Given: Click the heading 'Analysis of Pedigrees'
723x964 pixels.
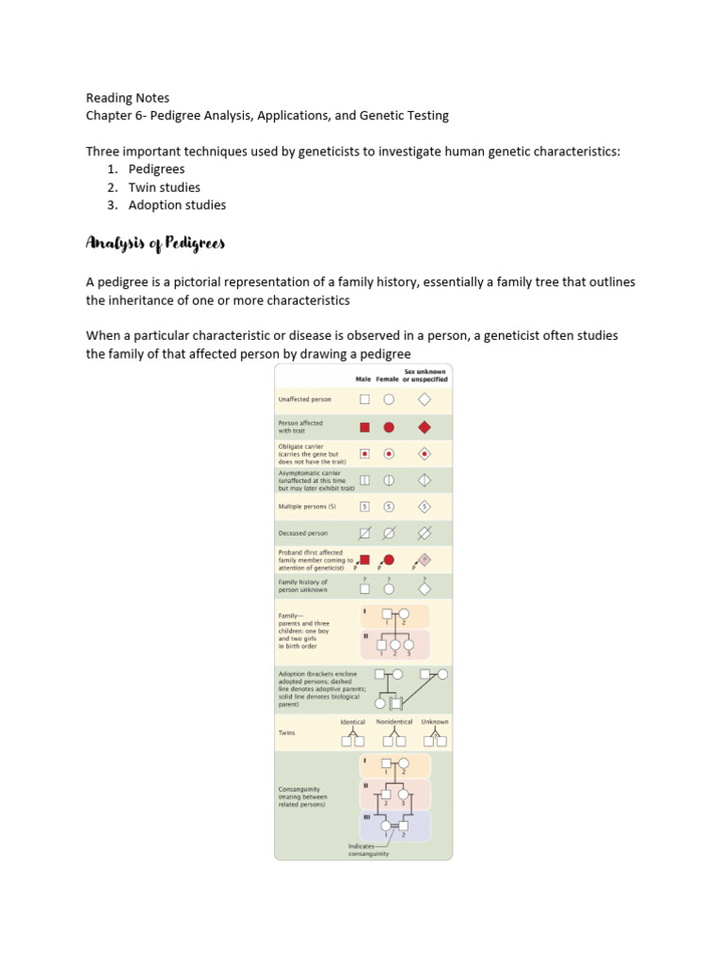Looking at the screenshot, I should tap(155, 244).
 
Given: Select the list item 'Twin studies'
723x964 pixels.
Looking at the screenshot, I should tap(165, 187).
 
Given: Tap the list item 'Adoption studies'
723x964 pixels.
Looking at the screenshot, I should tap(177, 205).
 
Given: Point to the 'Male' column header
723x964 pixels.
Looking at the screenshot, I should tap(363, 379).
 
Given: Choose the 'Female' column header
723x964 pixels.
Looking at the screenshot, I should tap(388, 379).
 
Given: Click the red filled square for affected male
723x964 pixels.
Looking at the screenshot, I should tap(364, 426).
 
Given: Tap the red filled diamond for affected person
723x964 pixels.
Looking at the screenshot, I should tap(425, 426).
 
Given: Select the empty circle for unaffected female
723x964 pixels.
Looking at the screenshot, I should tap(389, 399).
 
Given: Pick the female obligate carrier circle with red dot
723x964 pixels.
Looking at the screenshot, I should tap(389, 453).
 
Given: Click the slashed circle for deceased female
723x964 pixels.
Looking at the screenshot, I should tap(389, 533).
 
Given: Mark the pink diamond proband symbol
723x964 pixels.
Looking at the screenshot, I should tap(425, 559).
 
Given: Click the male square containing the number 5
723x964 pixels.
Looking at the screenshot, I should tap(364, 506).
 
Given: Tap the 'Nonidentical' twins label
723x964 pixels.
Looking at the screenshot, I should tap(394, 722).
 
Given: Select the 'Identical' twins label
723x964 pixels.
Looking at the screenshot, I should tap(353, 722).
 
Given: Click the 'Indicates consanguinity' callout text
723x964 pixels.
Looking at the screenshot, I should tap(368, 849).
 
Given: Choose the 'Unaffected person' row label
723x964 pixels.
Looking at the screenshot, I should tap(304, 399).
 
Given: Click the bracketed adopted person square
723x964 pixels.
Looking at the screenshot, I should tap(395, 702).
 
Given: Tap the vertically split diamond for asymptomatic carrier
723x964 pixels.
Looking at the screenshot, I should tap(425, 480).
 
